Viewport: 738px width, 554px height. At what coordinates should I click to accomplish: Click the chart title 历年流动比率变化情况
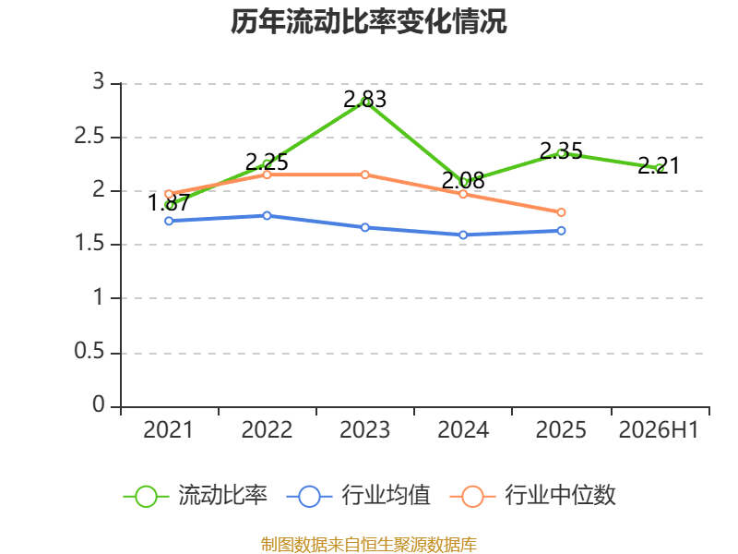368,21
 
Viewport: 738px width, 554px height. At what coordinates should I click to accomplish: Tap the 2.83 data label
364,99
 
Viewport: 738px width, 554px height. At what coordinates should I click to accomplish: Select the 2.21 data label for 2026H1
659,165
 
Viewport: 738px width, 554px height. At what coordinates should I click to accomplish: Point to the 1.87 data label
169,202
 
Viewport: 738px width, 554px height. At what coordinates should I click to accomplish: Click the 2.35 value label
561,151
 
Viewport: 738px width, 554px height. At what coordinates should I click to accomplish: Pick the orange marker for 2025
561,212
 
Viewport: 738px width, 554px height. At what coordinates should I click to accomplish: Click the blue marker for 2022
267,215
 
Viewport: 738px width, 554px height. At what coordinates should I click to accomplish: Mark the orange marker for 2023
364,175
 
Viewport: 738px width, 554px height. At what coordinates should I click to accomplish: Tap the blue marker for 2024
463,235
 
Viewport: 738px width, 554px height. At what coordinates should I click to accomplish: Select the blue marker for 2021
169,221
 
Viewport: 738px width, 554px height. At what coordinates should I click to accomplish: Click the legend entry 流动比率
195,496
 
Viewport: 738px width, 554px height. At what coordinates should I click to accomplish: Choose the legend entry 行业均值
358,496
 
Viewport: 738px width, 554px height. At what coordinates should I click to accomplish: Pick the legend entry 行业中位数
533,496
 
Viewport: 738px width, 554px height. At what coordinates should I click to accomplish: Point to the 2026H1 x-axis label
659,429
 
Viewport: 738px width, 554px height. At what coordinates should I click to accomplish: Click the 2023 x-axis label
364,429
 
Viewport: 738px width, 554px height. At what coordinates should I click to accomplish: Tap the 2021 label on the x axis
169,429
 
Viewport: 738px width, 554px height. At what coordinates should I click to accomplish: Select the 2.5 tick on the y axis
89,136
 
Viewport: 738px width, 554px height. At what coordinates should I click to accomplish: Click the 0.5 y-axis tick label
89,351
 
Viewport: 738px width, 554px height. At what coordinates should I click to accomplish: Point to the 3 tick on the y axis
99,81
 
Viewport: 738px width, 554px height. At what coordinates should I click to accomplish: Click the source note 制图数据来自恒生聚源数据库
369,545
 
